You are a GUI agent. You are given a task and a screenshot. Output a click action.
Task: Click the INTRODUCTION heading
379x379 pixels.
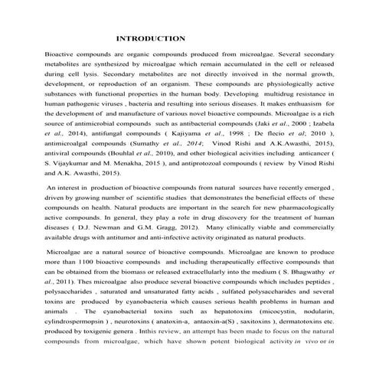(150, 38)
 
